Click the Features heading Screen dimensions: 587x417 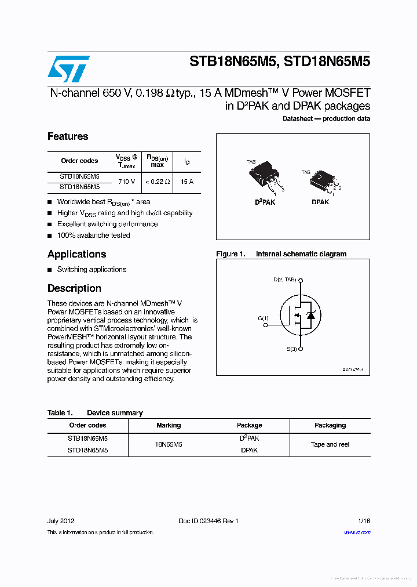point(68,136)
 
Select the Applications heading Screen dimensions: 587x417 point(76,254)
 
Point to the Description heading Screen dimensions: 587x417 point(74,288)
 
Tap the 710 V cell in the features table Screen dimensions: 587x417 point(126,182)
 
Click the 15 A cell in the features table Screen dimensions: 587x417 point(186,182)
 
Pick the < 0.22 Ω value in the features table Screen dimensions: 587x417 point(158,182)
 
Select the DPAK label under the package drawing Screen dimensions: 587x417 point(320,202)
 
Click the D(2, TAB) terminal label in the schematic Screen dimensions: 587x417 point(284,280)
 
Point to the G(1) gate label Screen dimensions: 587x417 point(264,318)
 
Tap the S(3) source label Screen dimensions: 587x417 point(292,349)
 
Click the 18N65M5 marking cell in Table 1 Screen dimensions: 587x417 point(169,444)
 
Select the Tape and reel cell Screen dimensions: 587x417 point(330,444)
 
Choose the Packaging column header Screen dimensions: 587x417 point(330,425)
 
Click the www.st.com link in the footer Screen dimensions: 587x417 point(357,532)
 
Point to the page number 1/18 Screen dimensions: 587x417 point(364,521)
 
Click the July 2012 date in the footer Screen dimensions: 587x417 point(61,521)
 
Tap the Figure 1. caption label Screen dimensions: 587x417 point(231,254)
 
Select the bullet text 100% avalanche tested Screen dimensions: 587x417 point(93,235)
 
